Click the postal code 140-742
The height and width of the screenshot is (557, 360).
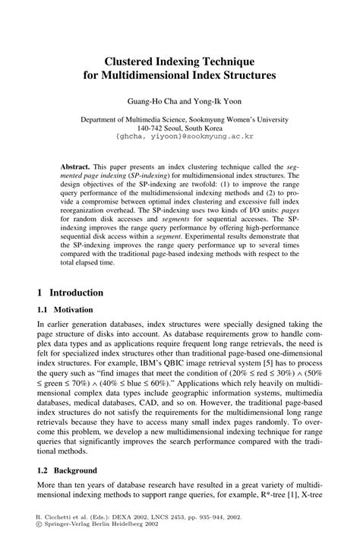152,128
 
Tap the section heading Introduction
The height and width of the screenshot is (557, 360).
77,292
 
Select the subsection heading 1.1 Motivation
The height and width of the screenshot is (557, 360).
65,310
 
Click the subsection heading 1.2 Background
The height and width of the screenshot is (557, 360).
66,470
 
